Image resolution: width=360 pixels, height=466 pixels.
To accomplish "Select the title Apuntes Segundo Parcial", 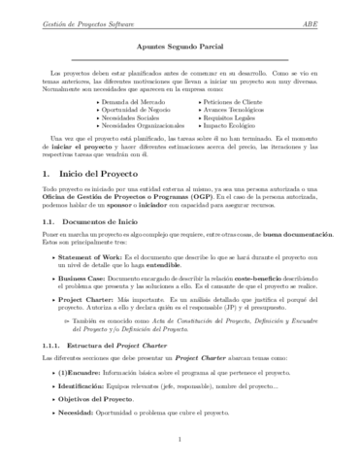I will pos(180,47).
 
